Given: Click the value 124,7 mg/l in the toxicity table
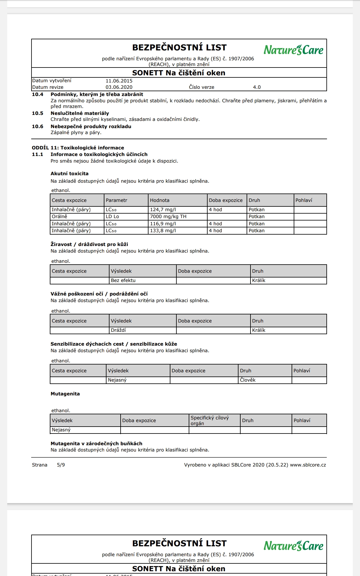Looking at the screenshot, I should [x=163, y=210].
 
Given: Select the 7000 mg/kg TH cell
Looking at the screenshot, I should [x=168, y=217].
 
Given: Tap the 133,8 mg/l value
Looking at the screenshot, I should [x=163, y=231].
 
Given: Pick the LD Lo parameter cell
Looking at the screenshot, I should [x=112, y=217].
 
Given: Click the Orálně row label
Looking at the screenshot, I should [x=59, y=217].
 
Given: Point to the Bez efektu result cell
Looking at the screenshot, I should [x=123, y=280].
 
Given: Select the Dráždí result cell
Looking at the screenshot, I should [x=118, y=330].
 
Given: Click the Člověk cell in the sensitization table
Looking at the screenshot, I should [x=248, y=380].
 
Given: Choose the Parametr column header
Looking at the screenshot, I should [x=116, y=200].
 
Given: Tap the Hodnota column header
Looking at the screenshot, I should [x=160, y=200].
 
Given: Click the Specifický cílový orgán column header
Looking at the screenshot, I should [x=210, y=421].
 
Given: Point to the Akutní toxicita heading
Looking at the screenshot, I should [x=69, y=174].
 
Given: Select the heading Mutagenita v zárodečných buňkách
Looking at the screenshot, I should [x=96, y=444].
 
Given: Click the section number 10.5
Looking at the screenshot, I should [x=37, y=113].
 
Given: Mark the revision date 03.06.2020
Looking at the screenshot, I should [x=119, y=87].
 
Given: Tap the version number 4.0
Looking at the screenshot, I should [x=257, y=87].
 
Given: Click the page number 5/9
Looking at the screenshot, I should [x=61, y=465].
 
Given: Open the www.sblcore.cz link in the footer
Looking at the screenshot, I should [x=308, y=465].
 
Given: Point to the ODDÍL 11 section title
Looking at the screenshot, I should [x=78, y=148].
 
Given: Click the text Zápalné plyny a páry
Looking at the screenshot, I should [x=76, y=133].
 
